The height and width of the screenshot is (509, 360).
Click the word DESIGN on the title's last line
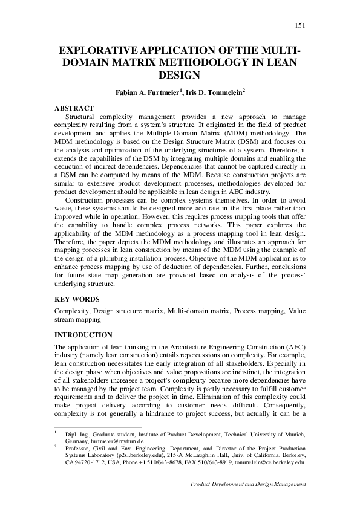(x=180, y=76)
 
